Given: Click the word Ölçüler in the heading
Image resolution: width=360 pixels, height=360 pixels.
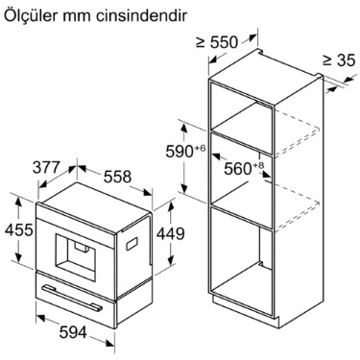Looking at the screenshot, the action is tap(32, 17).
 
